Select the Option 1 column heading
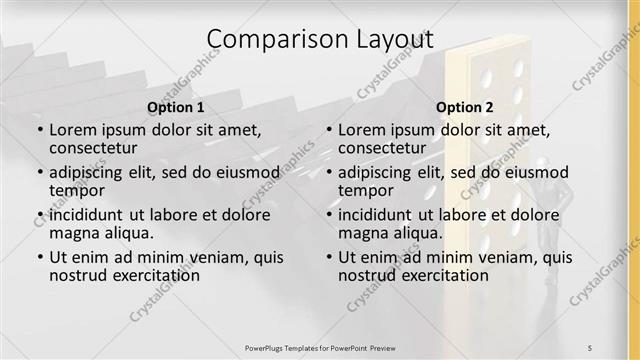pyautogui.click(x=176, y=107)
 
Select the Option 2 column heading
pyautogui.click(x=465, y=107)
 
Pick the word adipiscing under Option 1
pyautogui.click(x=90, y=172)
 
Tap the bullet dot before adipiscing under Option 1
pyautogui.click(x=40, y=172)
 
